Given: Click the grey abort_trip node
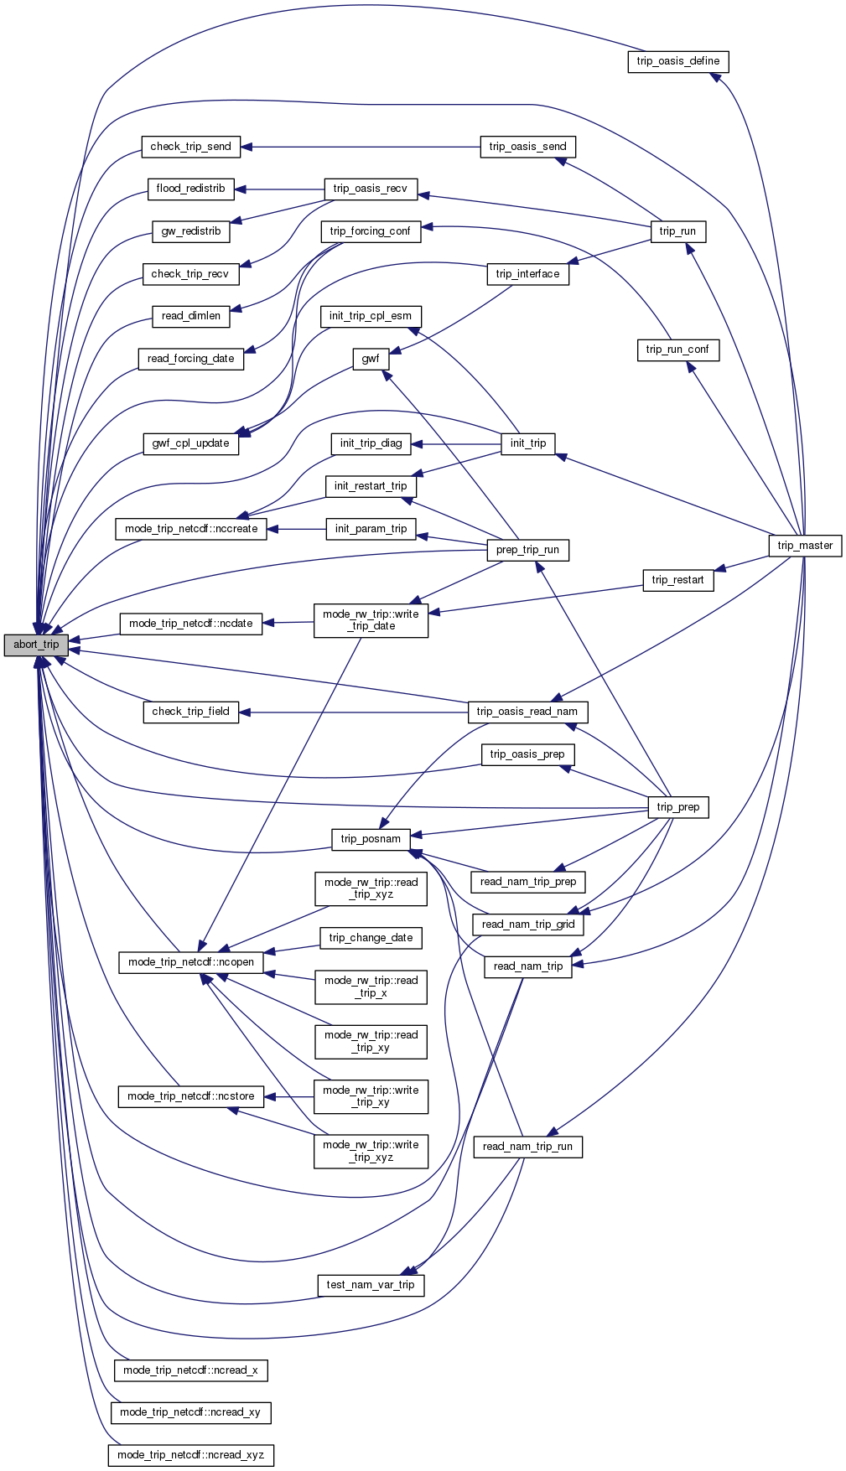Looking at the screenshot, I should [x=36, y=645].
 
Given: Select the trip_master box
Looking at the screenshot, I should [x=805, y=546].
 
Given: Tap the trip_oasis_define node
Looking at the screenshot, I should [x=677, y=61].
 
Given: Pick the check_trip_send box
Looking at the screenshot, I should [x=190, y=147].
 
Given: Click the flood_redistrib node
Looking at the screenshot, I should [x=190, y=189].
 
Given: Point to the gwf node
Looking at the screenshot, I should [x=371, y=359].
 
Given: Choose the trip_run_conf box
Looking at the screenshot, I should [x=677, y=350].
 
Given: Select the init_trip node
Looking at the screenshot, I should [x=528, y=443].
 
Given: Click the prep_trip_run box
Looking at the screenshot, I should [x=527, y=550].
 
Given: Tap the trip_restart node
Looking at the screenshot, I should [x=677, y=580].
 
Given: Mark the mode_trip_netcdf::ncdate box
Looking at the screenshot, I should [x=190, y=624].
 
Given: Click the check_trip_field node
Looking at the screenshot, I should [x=190, y=712].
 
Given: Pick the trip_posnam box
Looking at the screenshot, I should [x=371, y=839].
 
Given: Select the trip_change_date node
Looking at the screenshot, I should [x=371, y=938].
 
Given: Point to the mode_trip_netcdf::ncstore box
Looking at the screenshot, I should [x=190, y=1096].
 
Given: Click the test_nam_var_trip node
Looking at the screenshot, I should [x=371, y=1285].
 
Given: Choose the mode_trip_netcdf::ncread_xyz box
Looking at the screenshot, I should [x=190, y=1455].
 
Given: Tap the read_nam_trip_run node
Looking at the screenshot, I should [x=527, y=1147].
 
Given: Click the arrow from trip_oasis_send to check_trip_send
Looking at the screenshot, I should [x=361, y=147].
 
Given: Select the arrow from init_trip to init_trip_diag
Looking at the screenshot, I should [x=456, y=443].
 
